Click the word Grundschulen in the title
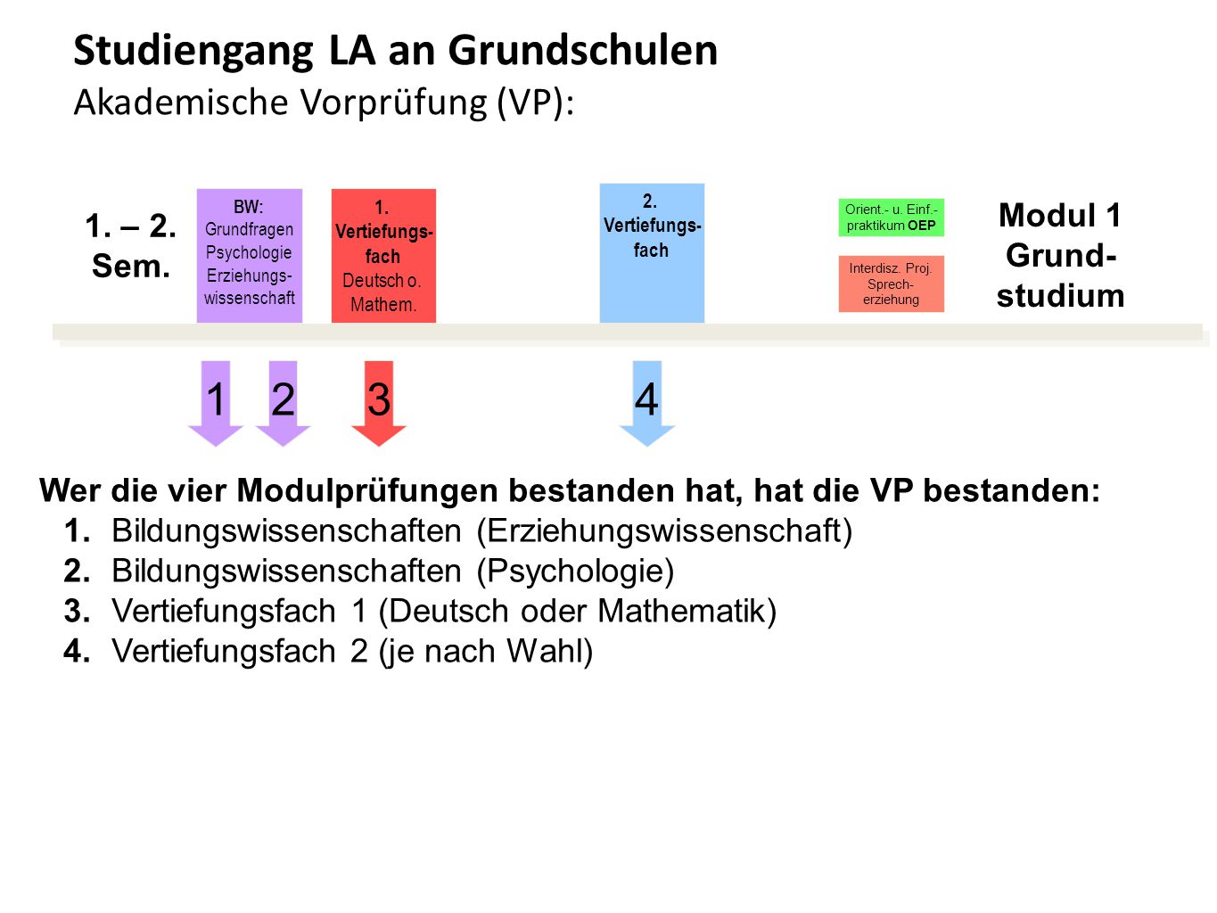coord(582,51)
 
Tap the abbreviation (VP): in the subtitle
coord(535,103)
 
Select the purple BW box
coord(250,256)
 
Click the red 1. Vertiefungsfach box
coord(383,256)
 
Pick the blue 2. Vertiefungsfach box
coord(652,253)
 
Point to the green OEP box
coord(891,218)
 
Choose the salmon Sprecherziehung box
coord(891,284)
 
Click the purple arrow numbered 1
coord(216,404)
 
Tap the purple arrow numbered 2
coord(283,404)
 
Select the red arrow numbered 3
coord(379,404)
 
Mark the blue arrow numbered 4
coord(647,404)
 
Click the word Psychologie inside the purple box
coord(249,253)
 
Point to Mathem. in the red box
coord(383,304)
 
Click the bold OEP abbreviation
coord(922,226)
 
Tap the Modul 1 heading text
coord(1060,215)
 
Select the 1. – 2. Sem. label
coord(131,246)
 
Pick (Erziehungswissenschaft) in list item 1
coord(664,531)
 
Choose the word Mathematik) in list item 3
coord(687,611)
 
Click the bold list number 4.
coord(77,651)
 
